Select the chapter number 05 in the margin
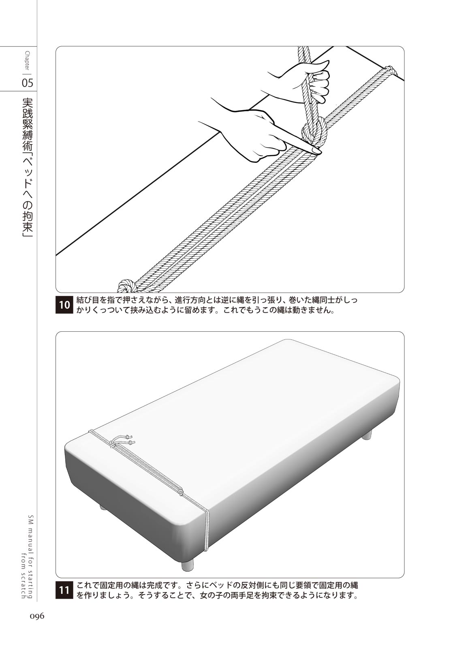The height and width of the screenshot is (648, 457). (x=28, y=83)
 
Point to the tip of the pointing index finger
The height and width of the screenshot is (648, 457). (x=316, y=151)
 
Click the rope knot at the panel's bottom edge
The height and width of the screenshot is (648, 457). (x=127, y=286)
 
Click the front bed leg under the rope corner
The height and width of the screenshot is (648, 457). (x=188, y=564)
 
